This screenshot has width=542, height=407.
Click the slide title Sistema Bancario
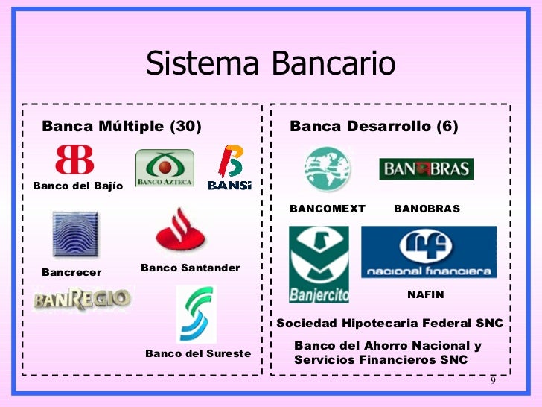click(x=270, y=65)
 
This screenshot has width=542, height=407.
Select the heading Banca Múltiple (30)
click(x=122, y=127)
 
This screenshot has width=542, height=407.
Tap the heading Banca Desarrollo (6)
click(x=374, y=127)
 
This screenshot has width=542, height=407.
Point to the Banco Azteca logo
click(x=165, y=168)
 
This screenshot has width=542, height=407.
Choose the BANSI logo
click(x=229, y=168)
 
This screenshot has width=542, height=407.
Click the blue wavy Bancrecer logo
click(x=75, y=234)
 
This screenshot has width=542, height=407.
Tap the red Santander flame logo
click(x=181, y=231)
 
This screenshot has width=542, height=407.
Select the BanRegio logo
click(x=82, y=300)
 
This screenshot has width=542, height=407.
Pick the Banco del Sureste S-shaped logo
click(x=196, y=314)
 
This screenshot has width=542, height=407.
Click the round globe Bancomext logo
click(x=327, y=169)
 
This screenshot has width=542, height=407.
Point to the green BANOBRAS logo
click(x=426, y=169)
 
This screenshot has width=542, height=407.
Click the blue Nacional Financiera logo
click(x=429, y=252)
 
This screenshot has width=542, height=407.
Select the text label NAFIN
click(x=425, y=294)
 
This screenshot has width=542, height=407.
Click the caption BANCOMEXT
click(x=328, y=209)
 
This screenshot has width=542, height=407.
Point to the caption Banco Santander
click(x=190, y=268)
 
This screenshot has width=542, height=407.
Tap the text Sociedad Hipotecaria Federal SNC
click(x=390, y=324)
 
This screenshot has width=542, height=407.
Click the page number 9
click(x=492, y=382)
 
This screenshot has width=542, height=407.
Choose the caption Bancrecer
click(x=71, y=272)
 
